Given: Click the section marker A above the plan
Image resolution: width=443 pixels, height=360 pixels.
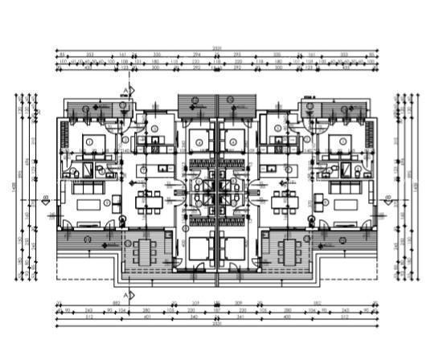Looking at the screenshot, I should point(125,90).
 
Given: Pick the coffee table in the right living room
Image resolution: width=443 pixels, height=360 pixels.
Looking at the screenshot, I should point(344,204).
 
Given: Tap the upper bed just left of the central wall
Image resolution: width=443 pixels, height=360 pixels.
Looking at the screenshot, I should point(201,137).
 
